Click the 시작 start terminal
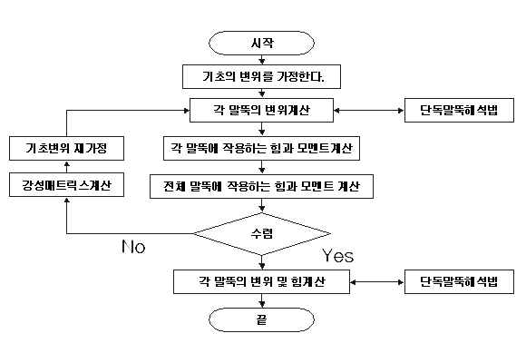click(261, 43)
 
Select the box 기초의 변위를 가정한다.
click(261, 77)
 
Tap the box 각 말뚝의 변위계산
click(261, 110)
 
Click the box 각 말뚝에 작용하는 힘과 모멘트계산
click(261, 148)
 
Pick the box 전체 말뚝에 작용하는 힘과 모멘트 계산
click(261, 186)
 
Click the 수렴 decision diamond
click(261, 234)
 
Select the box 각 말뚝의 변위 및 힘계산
click(261, 281)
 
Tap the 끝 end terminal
click(261, 319)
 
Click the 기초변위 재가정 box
click(66, 148)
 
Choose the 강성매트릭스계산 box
click(66, 185)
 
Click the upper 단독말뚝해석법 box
click(459, 110)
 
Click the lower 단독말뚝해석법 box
click(459, 281)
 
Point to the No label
click(133, 247)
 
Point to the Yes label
click(337, 256)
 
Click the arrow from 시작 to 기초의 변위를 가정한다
click(262, 60)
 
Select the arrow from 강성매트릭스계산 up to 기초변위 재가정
click(67, 167)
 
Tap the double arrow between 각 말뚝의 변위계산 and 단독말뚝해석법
click(369, 111)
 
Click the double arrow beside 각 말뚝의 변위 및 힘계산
click(377, 282)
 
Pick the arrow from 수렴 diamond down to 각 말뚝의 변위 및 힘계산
click(262, 262)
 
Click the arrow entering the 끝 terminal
click(262, 301)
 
